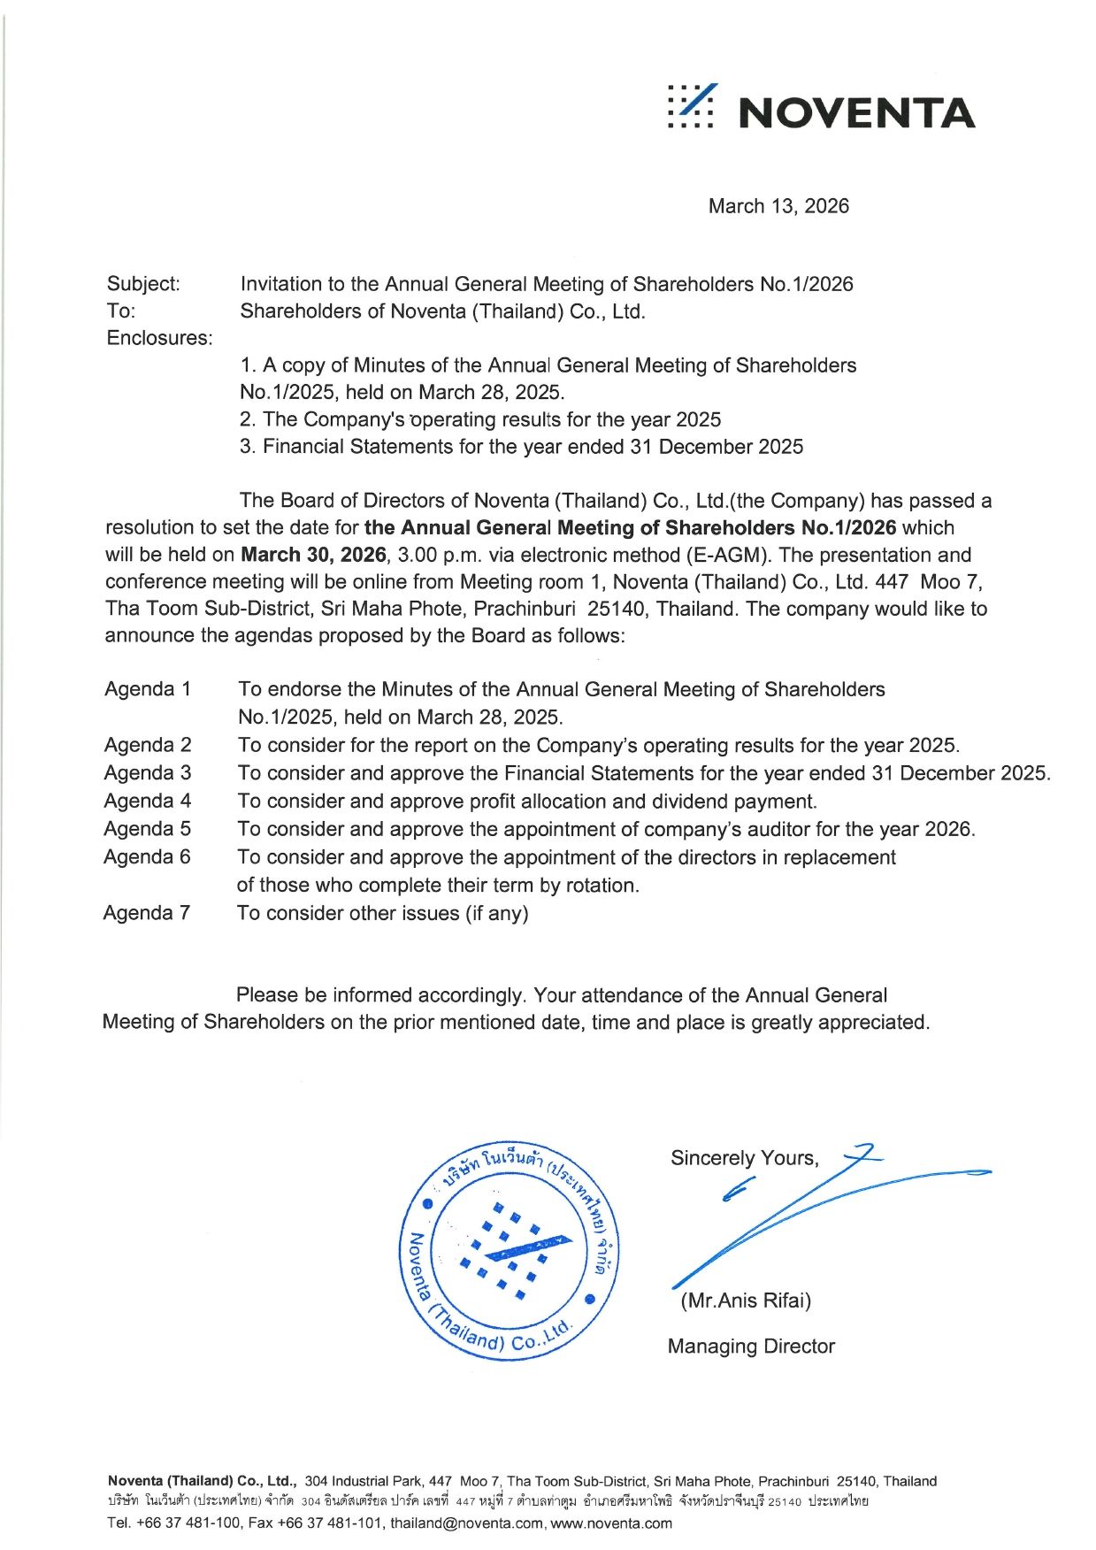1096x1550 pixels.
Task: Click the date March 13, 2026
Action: tap(778, 206)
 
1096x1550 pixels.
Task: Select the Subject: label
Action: tap(143, 284)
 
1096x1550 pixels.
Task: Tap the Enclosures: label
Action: tap(160, 338)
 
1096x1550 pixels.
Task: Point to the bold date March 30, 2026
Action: tap(313, 555)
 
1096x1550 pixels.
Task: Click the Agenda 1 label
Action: tap(148, 689)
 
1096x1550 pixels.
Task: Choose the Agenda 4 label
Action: tap(148, 801)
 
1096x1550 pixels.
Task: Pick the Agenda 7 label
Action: tap(147, 912)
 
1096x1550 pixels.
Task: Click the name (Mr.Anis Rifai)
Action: tap(746, 1301)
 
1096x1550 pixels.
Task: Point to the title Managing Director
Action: tap(751, 1347)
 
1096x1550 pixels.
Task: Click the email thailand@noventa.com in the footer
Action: tap(467, 1523)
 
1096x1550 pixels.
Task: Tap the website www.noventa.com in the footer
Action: tap(611, 1523)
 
